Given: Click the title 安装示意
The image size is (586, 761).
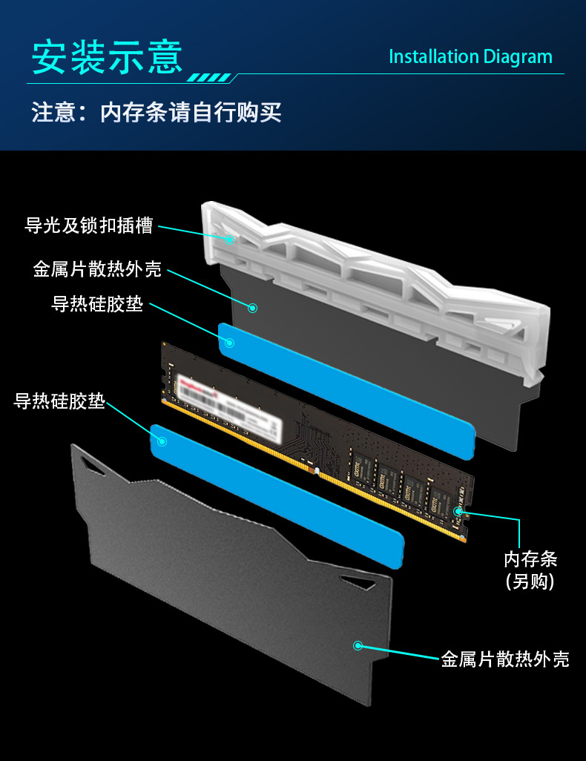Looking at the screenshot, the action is (x=107, y=56).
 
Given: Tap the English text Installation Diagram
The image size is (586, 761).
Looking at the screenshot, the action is (x=470, y=57).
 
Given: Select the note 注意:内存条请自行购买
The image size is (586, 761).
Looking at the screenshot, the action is (x=157, y=113).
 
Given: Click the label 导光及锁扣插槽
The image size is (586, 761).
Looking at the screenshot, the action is (x=90, y=225).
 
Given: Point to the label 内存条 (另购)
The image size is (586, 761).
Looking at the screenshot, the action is (x=530, y=570).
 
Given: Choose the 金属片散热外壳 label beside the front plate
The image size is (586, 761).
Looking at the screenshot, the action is (x=504, y=659).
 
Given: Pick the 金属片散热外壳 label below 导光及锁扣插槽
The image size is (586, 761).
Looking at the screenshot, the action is (x=97, y=269).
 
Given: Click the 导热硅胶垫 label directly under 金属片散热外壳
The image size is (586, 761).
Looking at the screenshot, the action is (x=97, y=304).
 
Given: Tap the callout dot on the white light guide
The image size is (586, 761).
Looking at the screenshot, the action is (x=230, y=240).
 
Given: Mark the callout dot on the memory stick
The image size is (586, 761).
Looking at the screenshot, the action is (x=458, y=511).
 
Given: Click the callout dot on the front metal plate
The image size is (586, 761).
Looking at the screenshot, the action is (x=358, y=645).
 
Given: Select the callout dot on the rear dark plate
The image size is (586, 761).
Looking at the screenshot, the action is (x=252, y=307).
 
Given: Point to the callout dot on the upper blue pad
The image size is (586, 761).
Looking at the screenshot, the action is (x=230, y=343).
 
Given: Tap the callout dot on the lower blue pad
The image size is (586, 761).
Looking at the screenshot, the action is (x=162, y=441).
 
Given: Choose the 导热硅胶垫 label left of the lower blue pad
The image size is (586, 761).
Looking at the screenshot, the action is (x=59, y=401).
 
